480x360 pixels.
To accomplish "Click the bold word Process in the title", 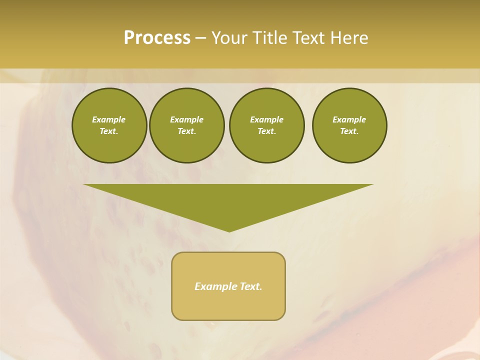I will click(x=157, y=38).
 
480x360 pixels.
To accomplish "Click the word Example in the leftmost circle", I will click(x=109, y=119).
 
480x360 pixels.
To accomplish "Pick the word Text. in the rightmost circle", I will click(x=349, y=131).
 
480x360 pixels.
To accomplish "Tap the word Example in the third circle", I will click(x=267, y=119).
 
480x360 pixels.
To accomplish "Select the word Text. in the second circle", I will click(x=187, y=131).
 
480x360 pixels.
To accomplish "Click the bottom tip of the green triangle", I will click(x=229, y=231).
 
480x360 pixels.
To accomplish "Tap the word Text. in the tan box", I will click(x=250, y=286).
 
